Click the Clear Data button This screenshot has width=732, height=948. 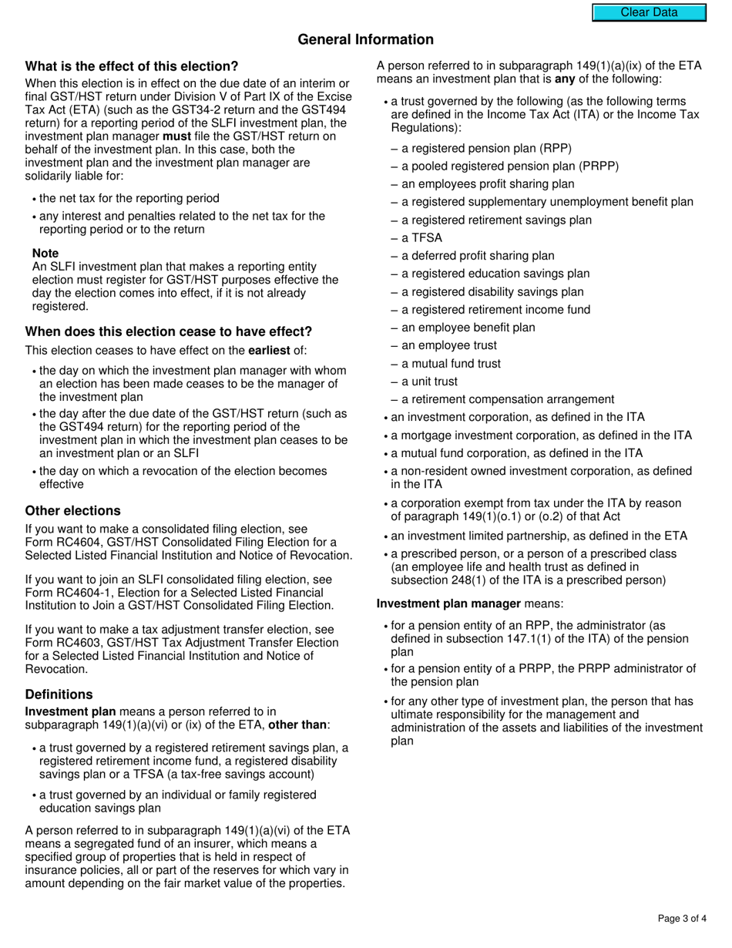[649, 12]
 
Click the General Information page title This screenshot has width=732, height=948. [365, 39]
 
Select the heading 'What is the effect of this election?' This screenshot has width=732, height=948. [132, 66]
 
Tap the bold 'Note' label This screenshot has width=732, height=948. [45, 253]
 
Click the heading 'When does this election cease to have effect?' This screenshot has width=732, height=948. [169, 331]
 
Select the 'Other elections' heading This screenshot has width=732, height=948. [73, 510]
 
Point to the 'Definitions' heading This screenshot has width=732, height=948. [59, 694]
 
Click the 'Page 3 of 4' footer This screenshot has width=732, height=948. [682, 918]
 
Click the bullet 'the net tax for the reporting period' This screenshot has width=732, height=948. [129, 198]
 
